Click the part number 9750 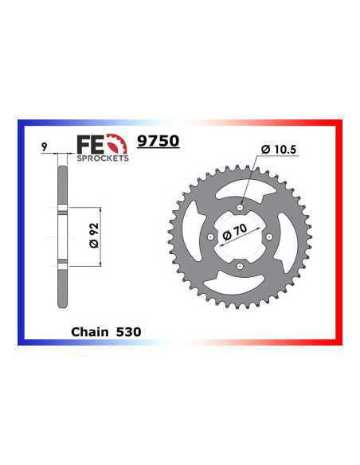(x=158, y=141)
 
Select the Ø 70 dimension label (x=238, y=237)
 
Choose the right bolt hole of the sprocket (x=268, y=237)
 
